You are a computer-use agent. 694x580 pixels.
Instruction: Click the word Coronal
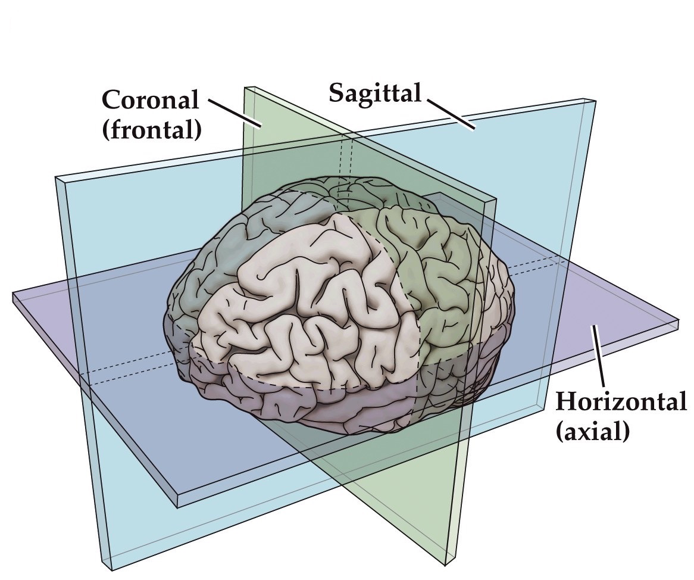(151, 100)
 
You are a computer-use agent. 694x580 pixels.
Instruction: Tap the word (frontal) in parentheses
(151, 129)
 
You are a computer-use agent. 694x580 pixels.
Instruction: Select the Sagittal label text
(375, 93)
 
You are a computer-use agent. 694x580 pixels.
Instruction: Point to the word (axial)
(592, 431)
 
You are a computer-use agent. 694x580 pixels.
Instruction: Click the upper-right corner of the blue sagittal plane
(594, 101)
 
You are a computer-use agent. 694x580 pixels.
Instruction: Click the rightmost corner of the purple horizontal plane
(679, 322)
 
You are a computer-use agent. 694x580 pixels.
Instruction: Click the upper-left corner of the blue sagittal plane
(56, 177)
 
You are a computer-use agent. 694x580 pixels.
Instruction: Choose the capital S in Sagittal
(336, 93)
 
